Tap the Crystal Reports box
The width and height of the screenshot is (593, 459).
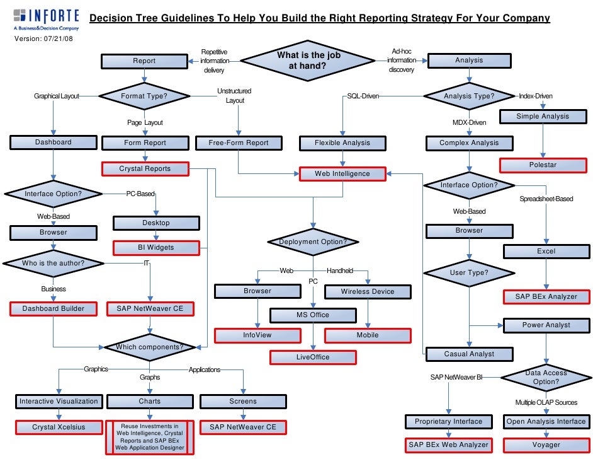coord(145,169)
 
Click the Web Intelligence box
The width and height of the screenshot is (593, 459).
coord(342,173)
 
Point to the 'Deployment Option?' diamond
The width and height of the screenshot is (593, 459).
coord(313,242)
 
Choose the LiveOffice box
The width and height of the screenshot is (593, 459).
coord(313,357)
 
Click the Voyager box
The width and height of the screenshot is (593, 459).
coord(546,445)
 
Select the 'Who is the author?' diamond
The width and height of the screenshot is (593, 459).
coord(53,263)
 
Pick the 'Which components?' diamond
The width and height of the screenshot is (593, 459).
coord(150,347)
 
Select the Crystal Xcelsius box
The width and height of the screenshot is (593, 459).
coord(59,427)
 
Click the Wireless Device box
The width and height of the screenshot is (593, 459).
coord(368,291)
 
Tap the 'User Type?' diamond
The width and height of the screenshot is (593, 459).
coord(469,273)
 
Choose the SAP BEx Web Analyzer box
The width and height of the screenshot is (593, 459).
coord(448,445)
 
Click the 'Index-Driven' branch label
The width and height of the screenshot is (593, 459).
coord(535,96)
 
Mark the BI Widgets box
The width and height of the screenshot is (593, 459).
coord(156,248)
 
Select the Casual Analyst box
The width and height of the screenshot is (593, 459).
coord(469,354)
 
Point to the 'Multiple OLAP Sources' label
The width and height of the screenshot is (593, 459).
coord(546,402)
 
